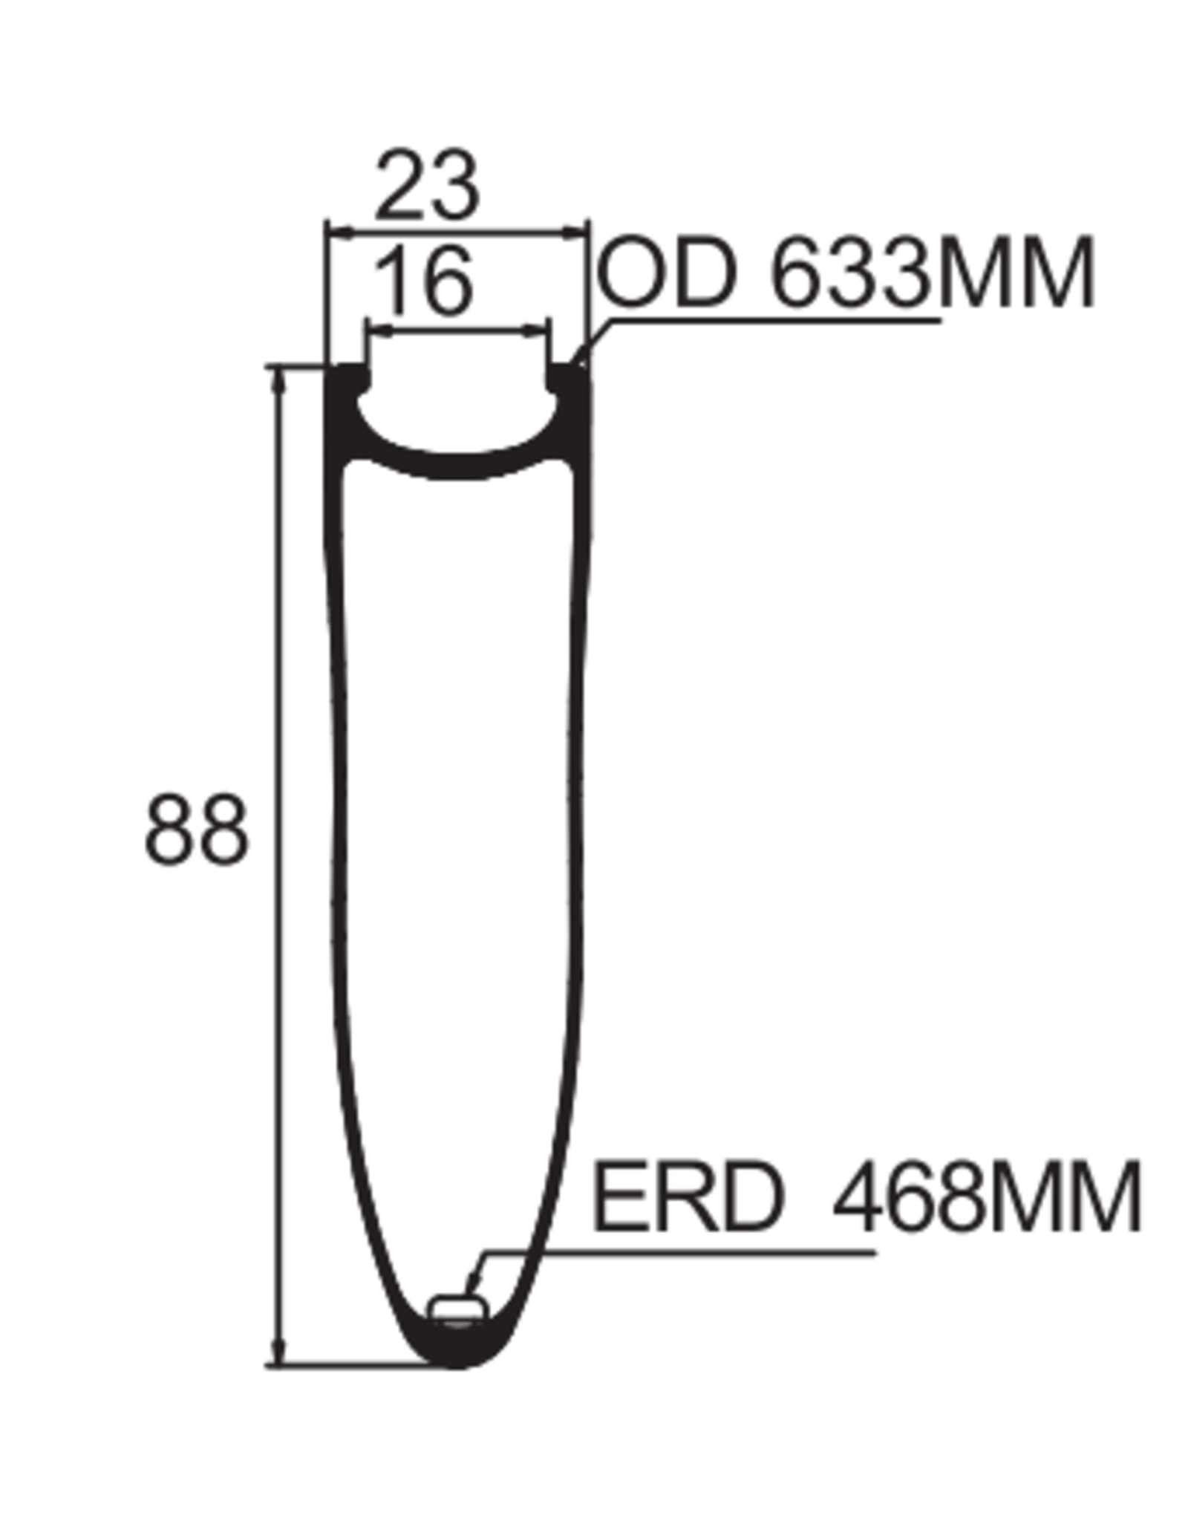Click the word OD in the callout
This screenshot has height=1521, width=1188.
tap(667, 273)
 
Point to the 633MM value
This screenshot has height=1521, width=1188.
tap(933, 273)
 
